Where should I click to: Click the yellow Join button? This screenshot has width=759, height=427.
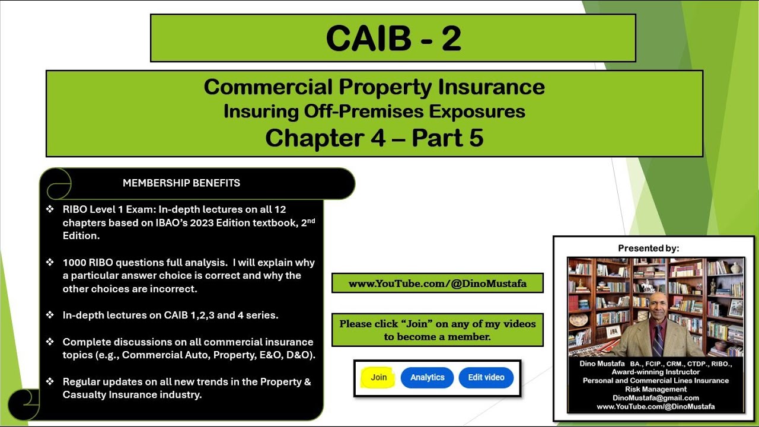click(378, 377)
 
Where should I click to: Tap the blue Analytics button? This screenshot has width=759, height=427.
click(427, 377)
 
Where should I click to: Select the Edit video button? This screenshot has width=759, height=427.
click(486, 377)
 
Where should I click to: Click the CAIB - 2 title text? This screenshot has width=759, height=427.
click(393, 39)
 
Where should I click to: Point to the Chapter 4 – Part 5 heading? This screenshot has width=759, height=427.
click(374, 138)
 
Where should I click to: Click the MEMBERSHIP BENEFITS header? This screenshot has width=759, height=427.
click(181, 183)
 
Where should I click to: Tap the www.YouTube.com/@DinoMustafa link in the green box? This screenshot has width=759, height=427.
click(437, 283)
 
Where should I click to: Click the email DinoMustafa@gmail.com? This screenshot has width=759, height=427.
click(655, 398)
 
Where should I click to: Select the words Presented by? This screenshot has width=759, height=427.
click(648, 248)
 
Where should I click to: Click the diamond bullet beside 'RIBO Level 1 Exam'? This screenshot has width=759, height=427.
click(50, 209)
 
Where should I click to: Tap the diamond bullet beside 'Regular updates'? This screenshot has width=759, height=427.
click(50, 382)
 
